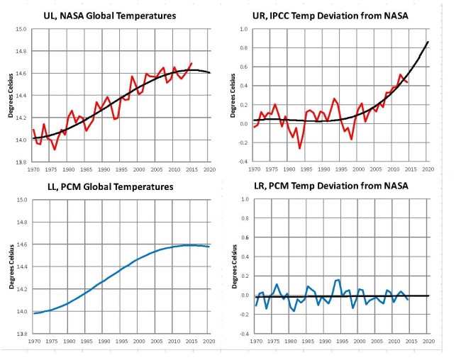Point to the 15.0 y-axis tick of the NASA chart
coord(21,29)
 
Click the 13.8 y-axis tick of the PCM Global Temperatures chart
coord(21,334)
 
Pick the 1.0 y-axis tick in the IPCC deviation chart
coord(243,29)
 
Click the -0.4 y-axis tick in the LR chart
coord(241,334)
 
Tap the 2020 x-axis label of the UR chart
coord(428,170)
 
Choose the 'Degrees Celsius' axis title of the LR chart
coord(234,266)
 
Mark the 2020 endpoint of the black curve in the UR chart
coord(428,42)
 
